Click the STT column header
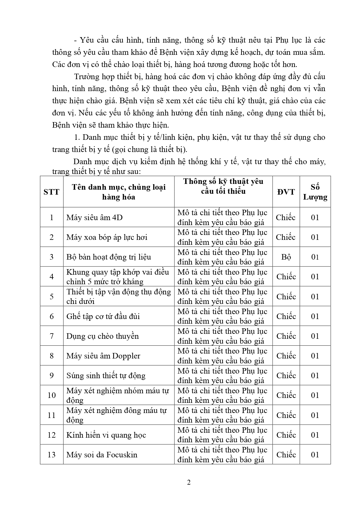pyautogui.click(x=51, y=192)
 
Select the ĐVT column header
pyautogui.click(x=286, y=192)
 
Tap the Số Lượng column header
pyautogui.click(x=315, y=192)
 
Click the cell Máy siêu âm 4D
pyautogui.click(x=95, y=217)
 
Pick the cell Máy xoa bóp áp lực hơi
pyautogui.click(x=107, y=237)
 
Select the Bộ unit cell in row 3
pyautogui.click(x=286, y=257)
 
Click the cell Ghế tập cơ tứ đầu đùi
pyautogui.click(x=103, y=316)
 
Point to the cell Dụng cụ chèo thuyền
pyautogui.click(x=102, y=336)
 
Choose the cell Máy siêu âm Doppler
pyautogui.click(x=103, y=356)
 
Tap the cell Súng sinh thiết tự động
pyautogui.click(x=106, y=376)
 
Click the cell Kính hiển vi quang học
pyautogui.click(x=106, y=435)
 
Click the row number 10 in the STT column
pyautogui.click(x=51, y=395)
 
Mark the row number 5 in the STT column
pyautogui.click(x=51, y=296)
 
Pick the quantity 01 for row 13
pyautogui.click(x=315, y=454)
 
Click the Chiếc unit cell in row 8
pyautogui.click(x=286, y=356)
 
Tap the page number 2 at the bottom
pyautogui.click(x=189, y=483)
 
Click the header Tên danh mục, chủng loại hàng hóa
pyautogui.click(x=119, y=192)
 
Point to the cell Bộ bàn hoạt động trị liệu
pyautogui.click(x=109, y=257)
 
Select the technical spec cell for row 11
pyautogui.click(x=222, y=415)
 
